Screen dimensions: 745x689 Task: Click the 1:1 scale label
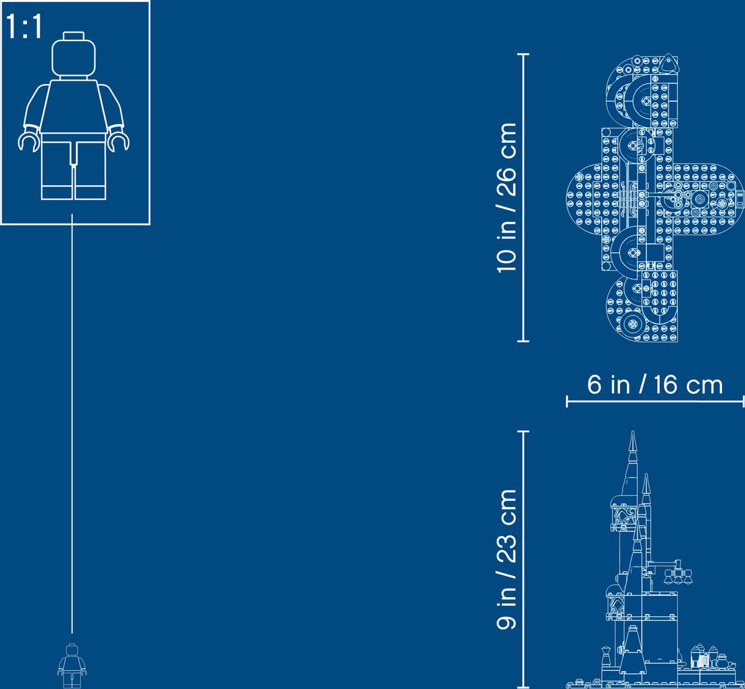(x=24, y=26)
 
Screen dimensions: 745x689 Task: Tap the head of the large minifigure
(x=73, y=58)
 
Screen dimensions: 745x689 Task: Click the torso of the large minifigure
(x=73, y=107)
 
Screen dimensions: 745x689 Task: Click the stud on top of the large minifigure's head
(x=73, y=35)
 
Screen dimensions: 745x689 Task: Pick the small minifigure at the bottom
(x=72, y=666)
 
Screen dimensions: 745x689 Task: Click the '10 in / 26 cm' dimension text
(x=507, y=197)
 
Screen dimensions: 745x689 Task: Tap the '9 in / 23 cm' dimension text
(x=507, y=559)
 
